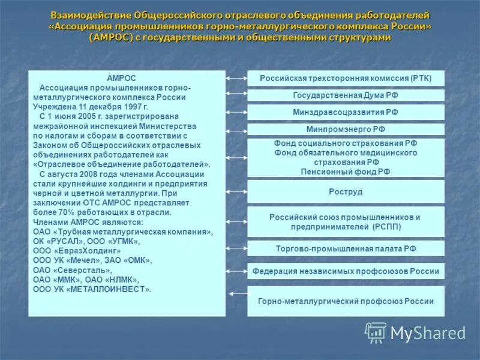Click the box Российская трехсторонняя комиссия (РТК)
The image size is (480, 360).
coord(346,79)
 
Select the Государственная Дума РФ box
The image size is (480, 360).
coord(346,95)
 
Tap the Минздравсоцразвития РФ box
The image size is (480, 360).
coord(346,112)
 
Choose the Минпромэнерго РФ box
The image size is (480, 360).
coord(346,129)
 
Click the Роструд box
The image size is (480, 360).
coord(346,191)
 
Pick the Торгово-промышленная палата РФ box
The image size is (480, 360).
coord(346,248)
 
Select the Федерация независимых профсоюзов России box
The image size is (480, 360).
coord(346,271)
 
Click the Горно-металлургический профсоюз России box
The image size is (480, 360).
coord(346,301)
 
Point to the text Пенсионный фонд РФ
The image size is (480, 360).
coord(346,171)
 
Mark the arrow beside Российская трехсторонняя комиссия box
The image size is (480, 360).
coord(236,78)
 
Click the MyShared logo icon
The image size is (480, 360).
coord(376,332)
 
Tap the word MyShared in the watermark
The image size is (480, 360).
coord(428,334)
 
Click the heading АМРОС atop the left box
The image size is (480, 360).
coord(121,79)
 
